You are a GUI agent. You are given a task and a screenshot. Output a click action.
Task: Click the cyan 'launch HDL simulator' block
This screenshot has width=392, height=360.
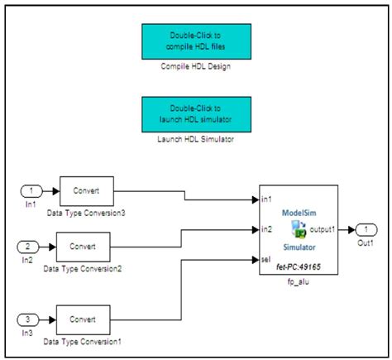[x=195, y=113]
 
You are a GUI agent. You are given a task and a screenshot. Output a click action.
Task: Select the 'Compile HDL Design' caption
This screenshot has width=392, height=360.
[x=195, y=66]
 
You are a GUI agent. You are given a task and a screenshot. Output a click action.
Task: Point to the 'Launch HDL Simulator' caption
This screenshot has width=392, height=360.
[x=195, y=139]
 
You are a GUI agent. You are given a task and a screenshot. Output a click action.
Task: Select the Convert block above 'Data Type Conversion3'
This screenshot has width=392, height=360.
[x=87, y=190]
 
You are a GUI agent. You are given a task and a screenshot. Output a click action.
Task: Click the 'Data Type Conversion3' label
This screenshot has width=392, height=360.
[x=87, y=213]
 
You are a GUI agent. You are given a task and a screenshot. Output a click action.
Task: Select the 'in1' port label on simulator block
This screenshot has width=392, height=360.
[x=266, y=199]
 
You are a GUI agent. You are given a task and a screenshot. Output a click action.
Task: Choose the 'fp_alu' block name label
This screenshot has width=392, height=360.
[x=297, y=282]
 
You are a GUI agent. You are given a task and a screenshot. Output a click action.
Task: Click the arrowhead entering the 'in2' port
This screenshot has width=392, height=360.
[x=255, y=229]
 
